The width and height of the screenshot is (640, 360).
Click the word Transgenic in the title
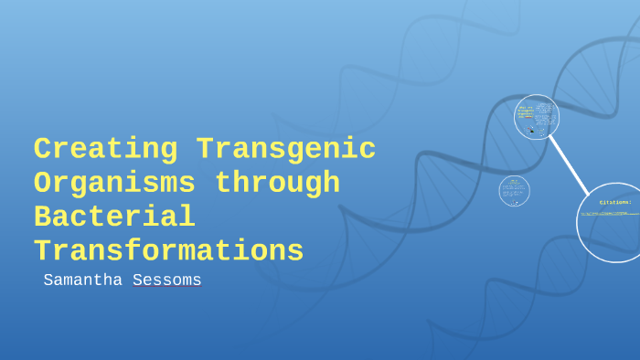click(x=285, y=149)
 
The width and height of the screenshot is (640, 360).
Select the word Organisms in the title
click(x=114, y=183)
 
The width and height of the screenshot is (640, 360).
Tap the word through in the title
click(x=277, y=183)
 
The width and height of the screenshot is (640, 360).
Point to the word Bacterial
click(x=114, y=217)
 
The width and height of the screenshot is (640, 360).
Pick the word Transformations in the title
click(x=168, y=250)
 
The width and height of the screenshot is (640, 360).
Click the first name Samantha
click(x=84, y=280)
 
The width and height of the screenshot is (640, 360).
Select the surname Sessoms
click(x=166, y=280)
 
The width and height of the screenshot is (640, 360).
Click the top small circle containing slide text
click(x=537, y=117)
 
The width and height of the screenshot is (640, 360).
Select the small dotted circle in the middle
click(x=515, y=191)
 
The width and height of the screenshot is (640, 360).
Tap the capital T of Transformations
click(x=42, y=250)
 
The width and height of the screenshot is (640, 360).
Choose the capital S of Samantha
click(x=49, y=280)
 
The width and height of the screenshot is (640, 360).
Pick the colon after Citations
click(x=630, y=202)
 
